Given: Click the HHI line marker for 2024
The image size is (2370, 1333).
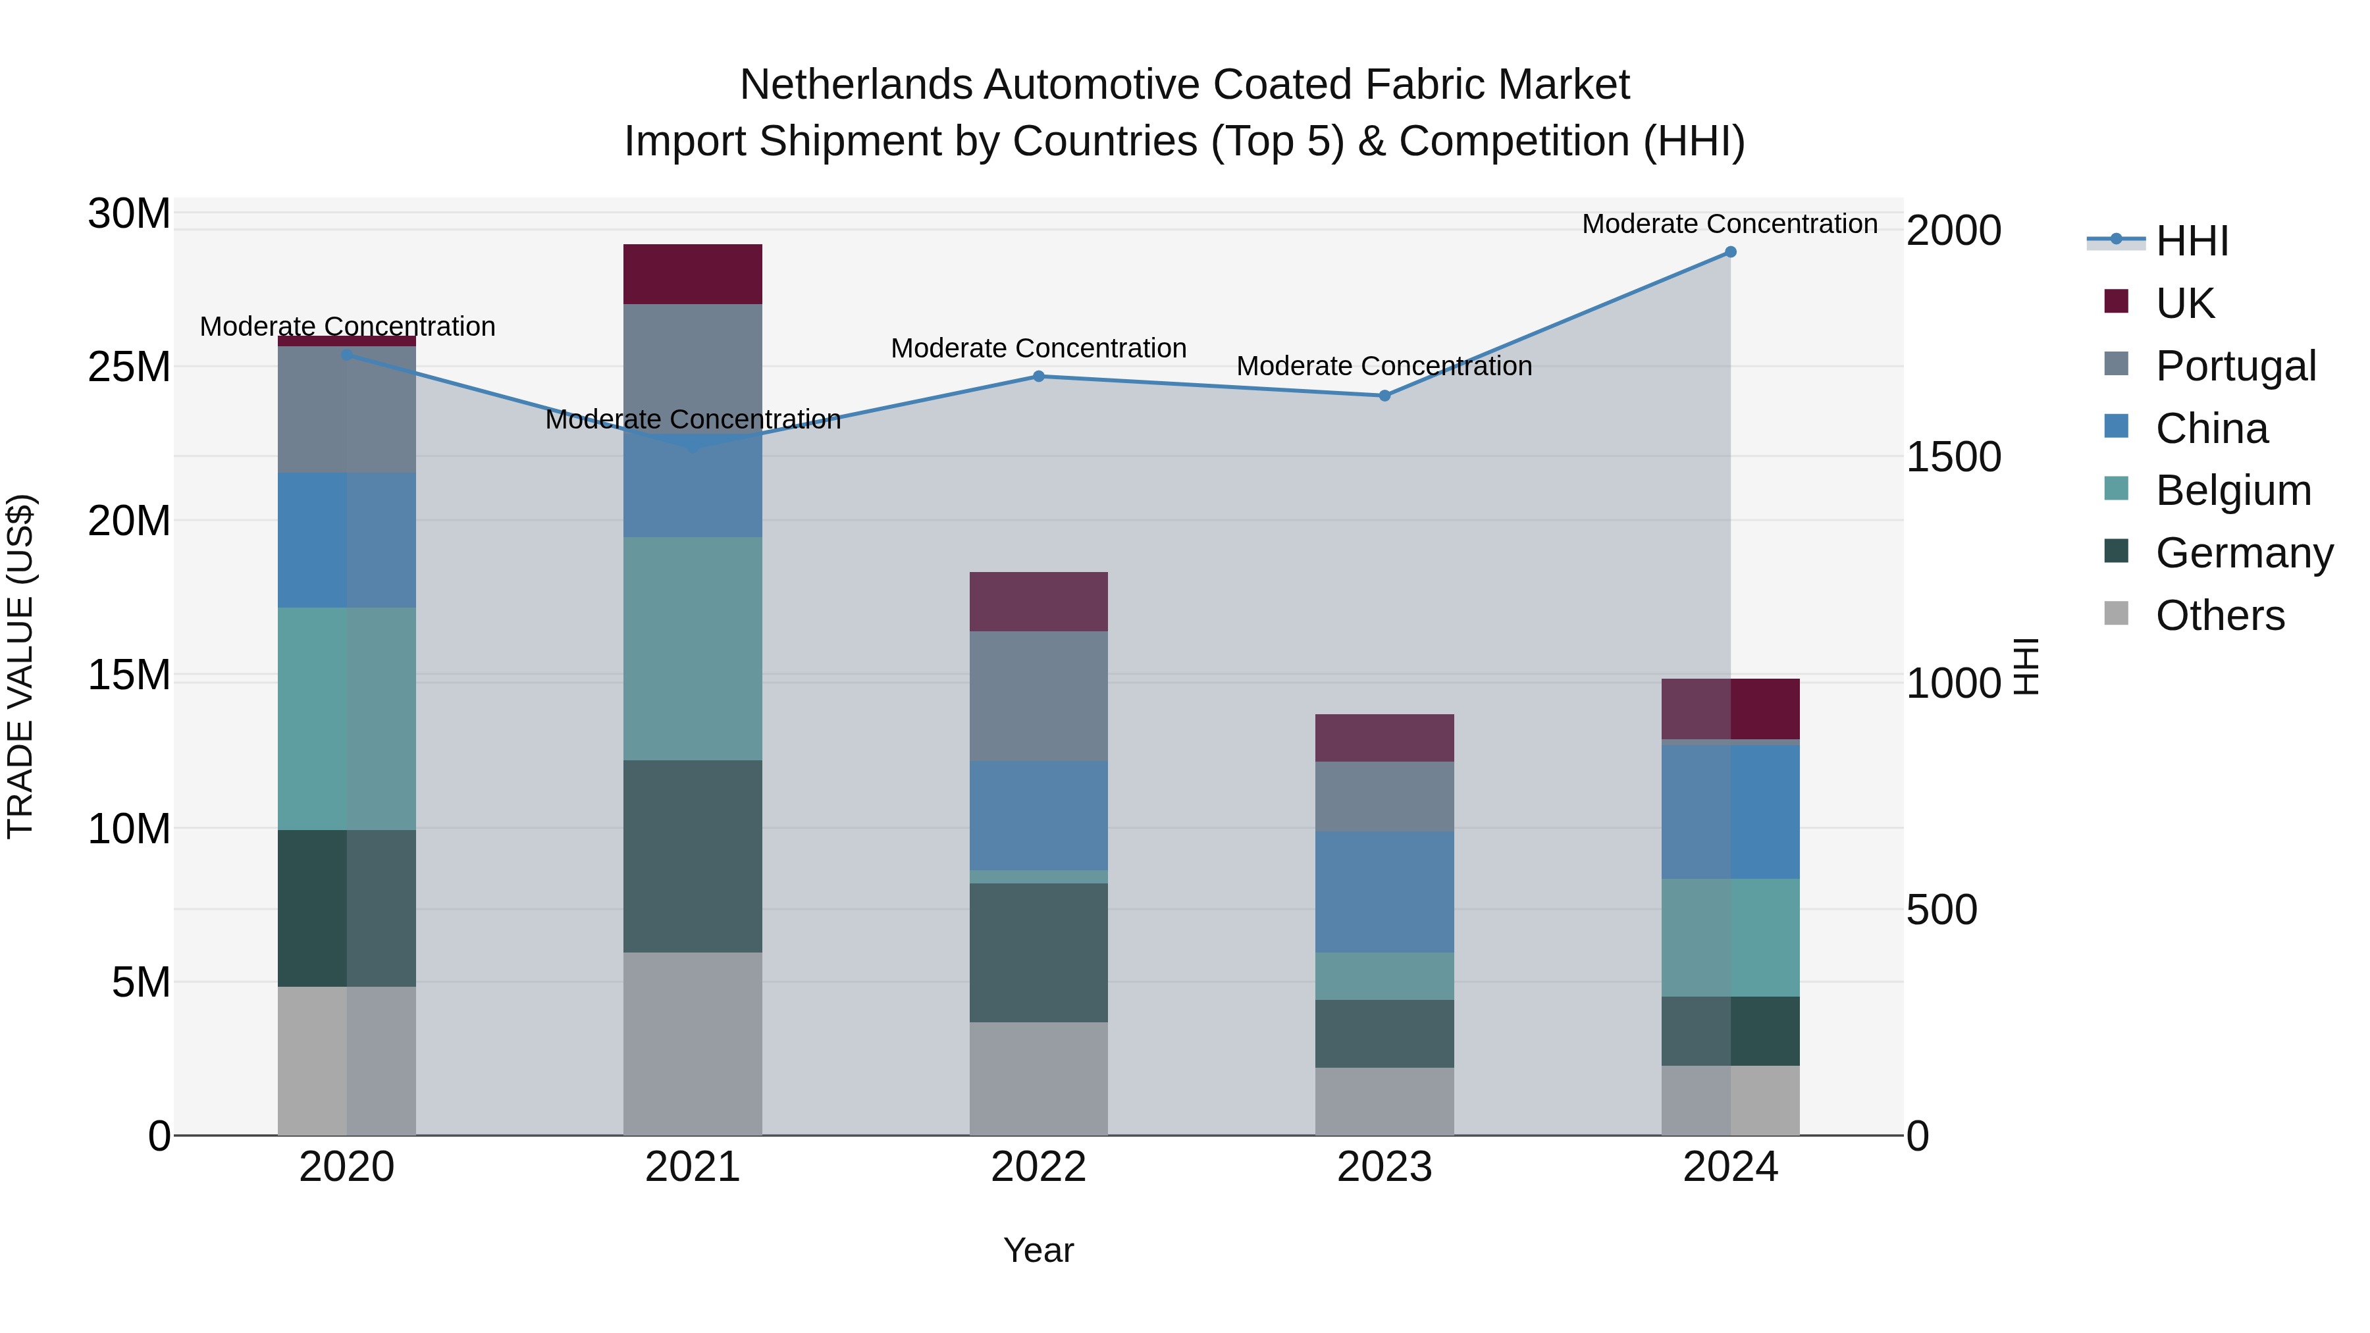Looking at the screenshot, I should click(1729, 252).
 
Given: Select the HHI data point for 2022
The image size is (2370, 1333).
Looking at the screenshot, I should click(1039, 377).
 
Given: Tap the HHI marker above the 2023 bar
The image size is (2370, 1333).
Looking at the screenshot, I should click(1384, 396).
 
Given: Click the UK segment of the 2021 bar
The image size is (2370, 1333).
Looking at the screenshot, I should click(693, 274).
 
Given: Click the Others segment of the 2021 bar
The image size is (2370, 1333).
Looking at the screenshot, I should click(693, 1043).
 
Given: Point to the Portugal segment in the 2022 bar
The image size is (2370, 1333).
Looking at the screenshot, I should click(1039, 696).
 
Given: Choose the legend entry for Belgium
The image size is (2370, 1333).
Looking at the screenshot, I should click(2233, 490).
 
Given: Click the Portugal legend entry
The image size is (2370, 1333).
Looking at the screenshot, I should click(2235, 366).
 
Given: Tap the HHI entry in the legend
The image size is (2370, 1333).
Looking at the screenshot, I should click(2192, 241).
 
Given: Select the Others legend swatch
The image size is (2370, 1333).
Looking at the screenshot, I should click(2116, 614).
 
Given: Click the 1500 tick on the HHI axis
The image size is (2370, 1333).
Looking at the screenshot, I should click(1953, 457).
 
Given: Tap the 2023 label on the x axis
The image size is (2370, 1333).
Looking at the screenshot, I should click(1384, 1167).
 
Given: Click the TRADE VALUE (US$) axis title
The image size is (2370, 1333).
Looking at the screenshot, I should click(20, 666).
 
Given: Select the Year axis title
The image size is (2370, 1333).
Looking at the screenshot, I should click(1039, 1250).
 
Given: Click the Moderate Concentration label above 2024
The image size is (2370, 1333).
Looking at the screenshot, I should click(1729, 224).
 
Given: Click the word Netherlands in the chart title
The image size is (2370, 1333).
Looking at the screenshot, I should click(856, 85).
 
